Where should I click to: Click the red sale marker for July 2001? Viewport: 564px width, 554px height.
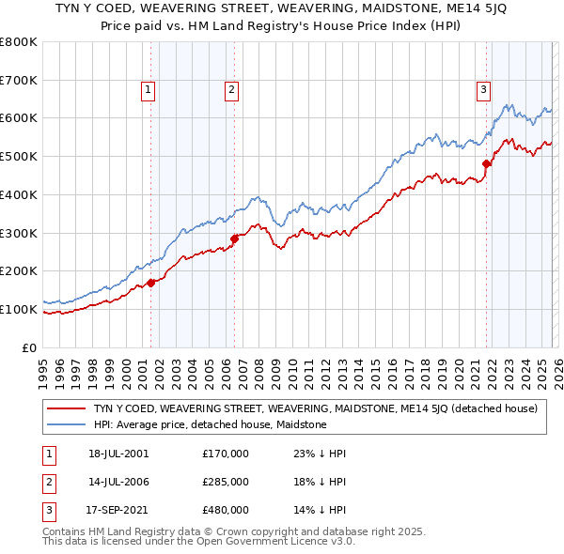(x=150, y=282)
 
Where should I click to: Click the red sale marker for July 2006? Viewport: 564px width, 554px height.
(x=234, y=239)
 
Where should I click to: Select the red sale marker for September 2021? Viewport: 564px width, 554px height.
(x=486, y=163)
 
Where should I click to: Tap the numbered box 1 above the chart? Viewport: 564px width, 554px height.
(x=149, y=90)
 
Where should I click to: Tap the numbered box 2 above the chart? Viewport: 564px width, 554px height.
(x=231, y=90)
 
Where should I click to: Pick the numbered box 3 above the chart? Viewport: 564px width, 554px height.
(x=483, y=90)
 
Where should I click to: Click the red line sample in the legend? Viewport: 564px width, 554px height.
(x=66, y=408)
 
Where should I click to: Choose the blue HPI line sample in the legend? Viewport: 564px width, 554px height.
(x=66, y=424)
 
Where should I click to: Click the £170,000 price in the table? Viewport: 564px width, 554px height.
(x=226, y=454)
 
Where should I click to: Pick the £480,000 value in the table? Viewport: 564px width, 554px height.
(x=226, y=510)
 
